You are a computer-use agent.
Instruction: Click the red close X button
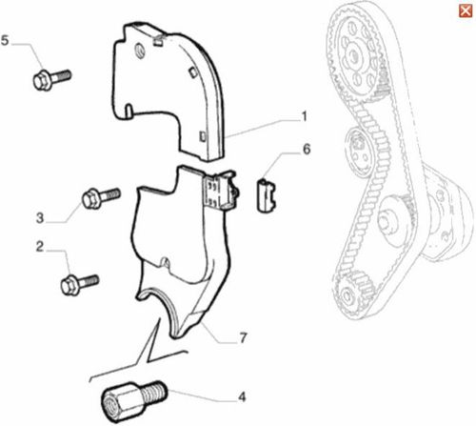pos(466,11)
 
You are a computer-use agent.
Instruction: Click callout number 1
pos(304,116)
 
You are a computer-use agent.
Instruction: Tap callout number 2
pos(40,247)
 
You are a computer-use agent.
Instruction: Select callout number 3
pos(40,218)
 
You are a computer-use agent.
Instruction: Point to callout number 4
pos(242,396)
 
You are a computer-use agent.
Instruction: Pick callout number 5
pos(5,40)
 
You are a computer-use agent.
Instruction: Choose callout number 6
pos(307,149)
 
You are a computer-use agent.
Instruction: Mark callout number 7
pos(243,337)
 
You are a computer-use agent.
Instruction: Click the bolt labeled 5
pos(52,79)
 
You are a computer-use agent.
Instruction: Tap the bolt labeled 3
pos(101,197)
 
